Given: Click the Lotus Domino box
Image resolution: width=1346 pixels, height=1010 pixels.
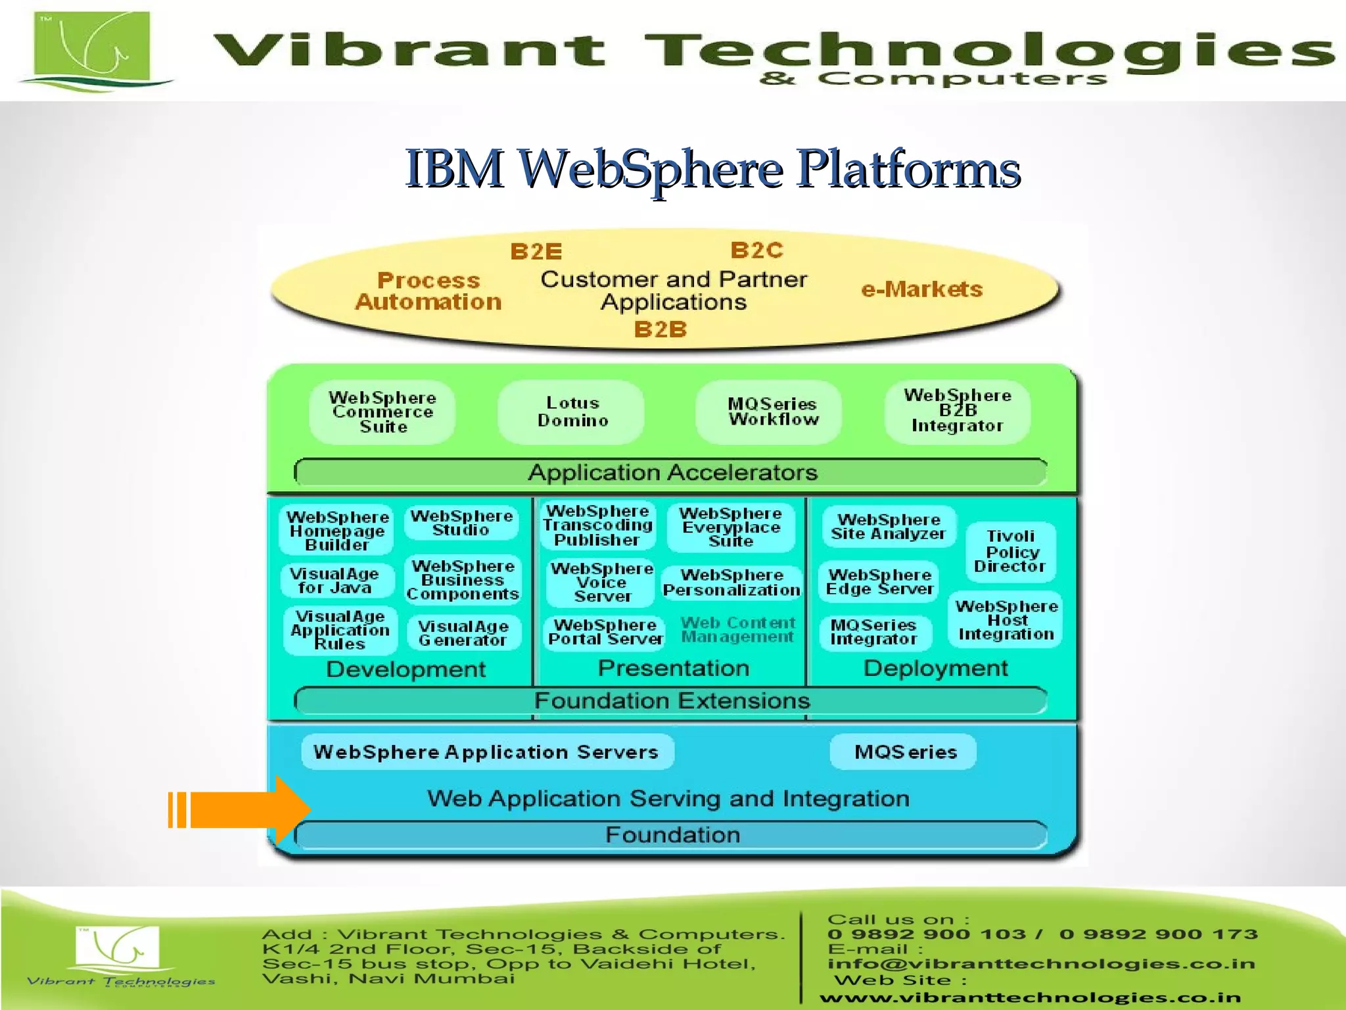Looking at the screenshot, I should pyautogui.click(x=571, y=412).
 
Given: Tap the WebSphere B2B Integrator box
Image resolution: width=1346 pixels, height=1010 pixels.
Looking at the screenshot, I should pyautogui.click(x=957, y=411).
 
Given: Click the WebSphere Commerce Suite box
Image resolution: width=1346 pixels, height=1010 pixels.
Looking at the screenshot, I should pyautogui.click(x=383, y=412).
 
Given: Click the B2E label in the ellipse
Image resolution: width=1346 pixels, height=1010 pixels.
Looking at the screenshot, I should pyautogui.click(x=536, y=252).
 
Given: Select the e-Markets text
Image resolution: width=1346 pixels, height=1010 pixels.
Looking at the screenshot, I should pyautogui.click(x=921, y=289).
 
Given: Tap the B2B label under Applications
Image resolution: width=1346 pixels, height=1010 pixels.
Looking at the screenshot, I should pyautogui.click(x=660, y=329).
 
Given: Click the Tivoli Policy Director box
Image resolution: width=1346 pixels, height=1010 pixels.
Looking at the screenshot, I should pyautogui.click(x=1011, y=551).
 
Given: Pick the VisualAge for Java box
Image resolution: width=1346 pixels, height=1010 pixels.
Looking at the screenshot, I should pyautogui.click(x=336, y=581).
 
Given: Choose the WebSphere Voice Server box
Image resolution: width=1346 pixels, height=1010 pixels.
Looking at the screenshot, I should pyautogui.click(x=601, y=583).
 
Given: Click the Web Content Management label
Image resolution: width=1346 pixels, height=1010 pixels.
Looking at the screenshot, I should pyautogui.click(x=737, y=630).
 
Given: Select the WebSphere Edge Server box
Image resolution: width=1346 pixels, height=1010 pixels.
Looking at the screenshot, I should pyautogui.click(x=879, y=582).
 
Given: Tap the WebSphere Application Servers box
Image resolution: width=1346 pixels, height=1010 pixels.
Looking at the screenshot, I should pyautogui.click(x=486, y=752).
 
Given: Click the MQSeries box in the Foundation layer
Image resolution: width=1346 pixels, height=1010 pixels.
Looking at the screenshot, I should pyautogui.click(x=904, y=752).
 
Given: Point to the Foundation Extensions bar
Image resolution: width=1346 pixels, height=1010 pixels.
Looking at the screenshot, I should pyautogui.click(x=672, y=701).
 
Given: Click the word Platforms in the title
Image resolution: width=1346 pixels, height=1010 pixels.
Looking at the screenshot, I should pyautogui.click(x=908, y=169).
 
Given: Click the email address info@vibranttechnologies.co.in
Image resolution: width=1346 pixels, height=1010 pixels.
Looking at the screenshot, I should pyautogui.click(x=1041, y=964).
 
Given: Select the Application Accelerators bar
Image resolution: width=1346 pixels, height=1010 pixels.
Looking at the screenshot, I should pyautogui.click(x=672, y=472).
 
